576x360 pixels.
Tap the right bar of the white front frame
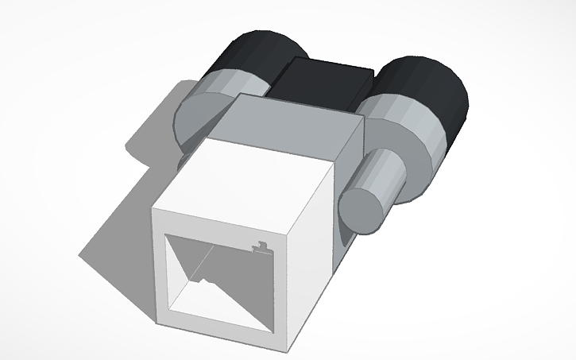278,294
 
